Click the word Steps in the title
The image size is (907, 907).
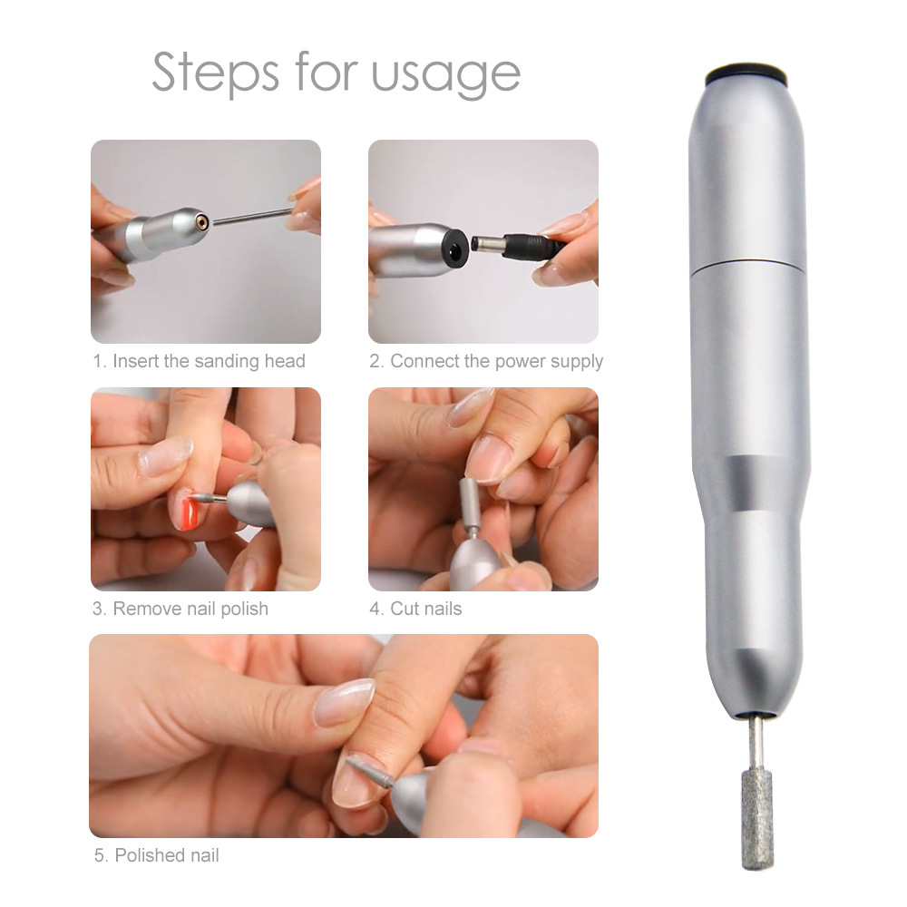coord(215,73)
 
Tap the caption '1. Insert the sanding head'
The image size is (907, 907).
coord(199,361)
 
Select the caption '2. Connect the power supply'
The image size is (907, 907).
coord(486,361)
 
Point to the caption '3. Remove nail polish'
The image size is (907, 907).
coord(180,609)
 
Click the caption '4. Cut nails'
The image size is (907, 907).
coord(415,609)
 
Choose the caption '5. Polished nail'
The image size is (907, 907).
coord(156,855)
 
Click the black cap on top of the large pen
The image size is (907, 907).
coord(746,73)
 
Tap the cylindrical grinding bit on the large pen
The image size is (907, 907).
coord(757,819)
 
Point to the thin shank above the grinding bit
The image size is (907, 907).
coord(755,745)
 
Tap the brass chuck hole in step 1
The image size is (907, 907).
coord(201,220)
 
